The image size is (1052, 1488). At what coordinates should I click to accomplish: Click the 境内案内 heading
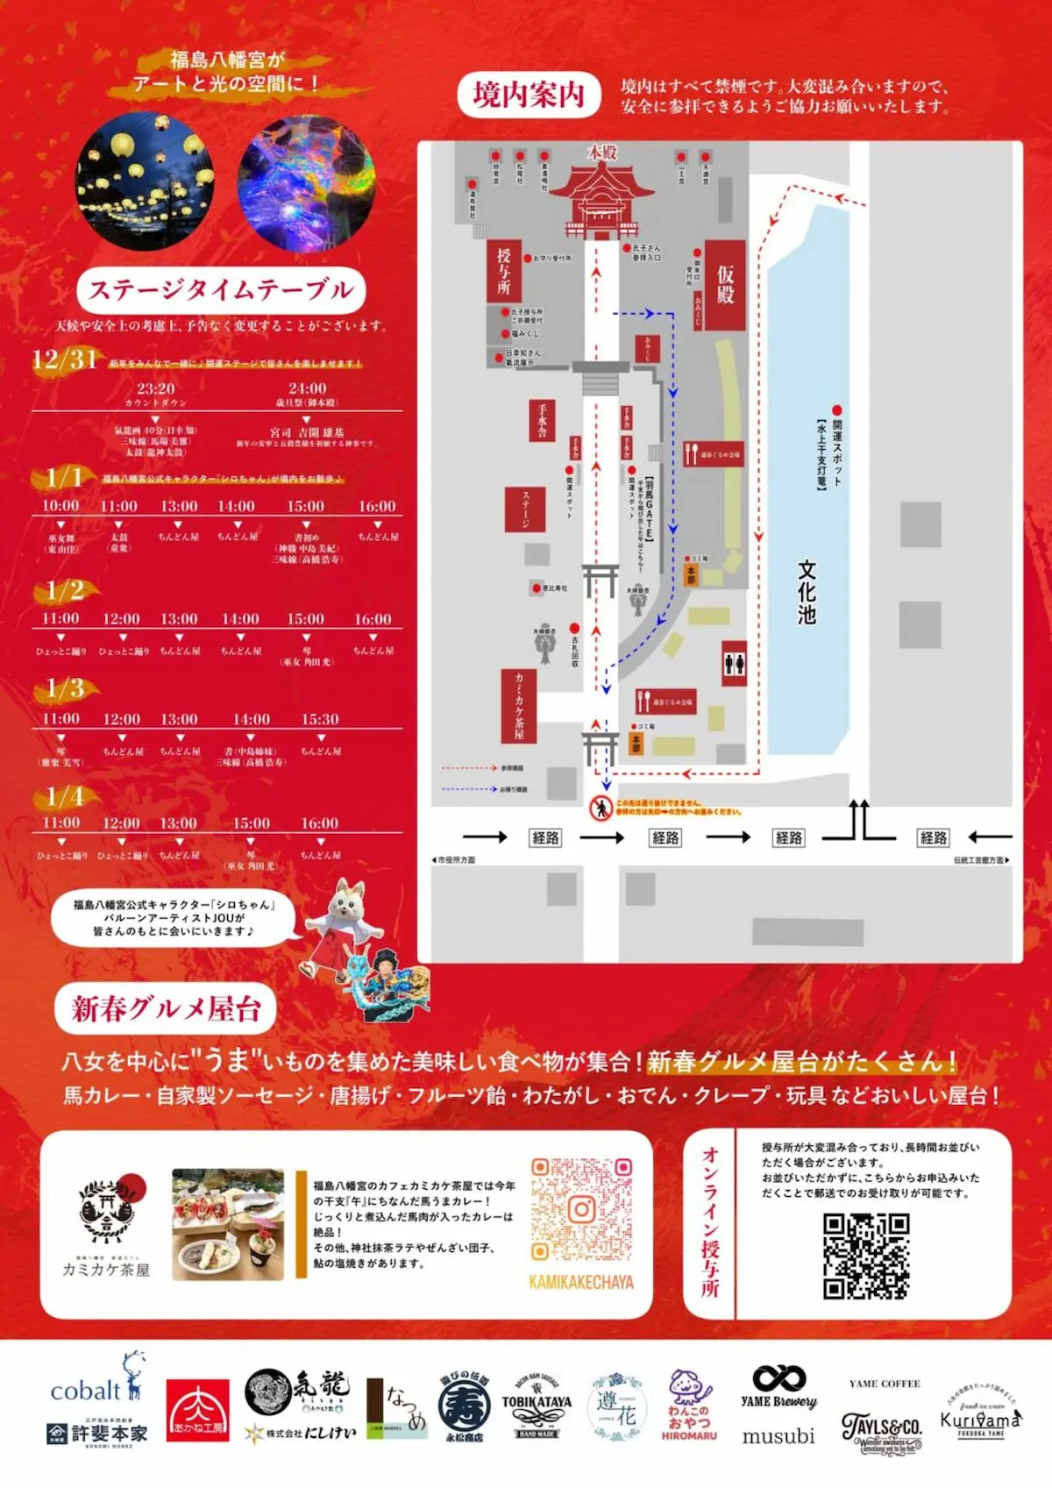(x=529, y=95)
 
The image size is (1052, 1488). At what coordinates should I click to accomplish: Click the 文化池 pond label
(x=807, y=592)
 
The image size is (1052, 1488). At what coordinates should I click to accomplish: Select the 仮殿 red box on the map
(x=725, y=285)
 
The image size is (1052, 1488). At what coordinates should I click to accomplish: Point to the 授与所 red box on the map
(x=504, y=271)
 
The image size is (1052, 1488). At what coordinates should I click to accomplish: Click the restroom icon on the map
(x=735, y=664)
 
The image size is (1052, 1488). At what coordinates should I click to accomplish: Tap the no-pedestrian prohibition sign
(x=601, y=808)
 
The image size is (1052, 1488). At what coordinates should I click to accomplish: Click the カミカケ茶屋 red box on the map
(x=519, y=707)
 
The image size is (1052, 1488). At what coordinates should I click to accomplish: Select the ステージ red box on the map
(x=526, y=509)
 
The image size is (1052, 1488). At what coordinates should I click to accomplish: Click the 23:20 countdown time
(x=156, y=388)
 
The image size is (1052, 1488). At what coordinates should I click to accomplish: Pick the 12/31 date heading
(x=63, y=360)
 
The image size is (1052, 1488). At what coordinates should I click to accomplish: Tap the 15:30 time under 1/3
(x=320, y=719)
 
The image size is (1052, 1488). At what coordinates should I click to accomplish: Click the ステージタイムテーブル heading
(x=221, y=290)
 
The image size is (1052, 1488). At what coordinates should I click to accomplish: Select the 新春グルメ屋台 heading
(x=166, y=1008)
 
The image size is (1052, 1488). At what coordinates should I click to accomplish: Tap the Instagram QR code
(x=581, y=1210)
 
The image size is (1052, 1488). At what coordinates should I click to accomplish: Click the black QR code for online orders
(x=865, y=1256)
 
